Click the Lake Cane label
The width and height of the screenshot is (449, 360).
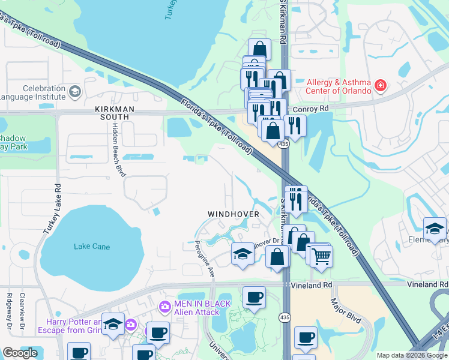click(92, 247)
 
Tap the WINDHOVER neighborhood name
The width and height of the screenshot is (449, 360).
click(234, 214)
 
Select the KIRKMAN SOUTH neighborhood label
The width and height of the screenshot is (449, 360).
click(103, 113)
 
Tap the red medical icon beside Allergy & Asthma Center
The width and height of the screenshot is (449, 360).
click(379, 86)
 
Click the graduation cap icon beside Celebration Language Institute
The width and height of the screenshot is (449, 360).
click(74, 92)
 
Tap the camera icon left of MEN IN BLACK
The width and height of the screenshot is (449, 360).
click(164, 307)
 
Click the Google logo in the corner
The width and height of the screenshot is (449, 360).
click(20, 353)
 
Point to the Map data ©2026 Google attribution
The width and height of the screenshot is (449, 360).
click(411, 355)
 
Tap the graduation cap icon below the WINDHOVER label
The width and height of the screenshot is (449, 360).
click(243, 254)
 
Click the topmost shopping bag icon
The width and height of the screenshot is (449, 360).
click(259, 49)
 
